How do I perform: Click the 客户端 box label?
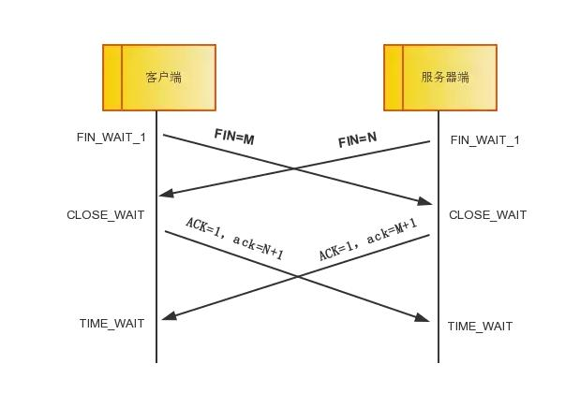pyautogui.click(x=164, y=78)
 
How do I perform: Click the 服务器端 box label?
pyautogui.click(x=445, y=78)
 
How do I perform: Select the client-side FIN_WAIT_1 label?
pyautogui.click(x=112, y=138)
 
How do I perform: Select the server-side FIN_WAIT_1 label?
pyautogui.click(x=484, y=140)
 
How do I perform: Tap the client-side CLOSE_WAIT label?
pyautogui.click(x=106, y=215)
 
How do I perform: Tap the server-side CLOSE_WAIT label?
pyautogui.click(x=487, y=215)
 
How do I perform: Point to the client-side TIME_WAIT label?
pyautogui.click(x=112, y=324)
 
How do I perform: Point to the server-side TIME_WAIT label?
pyautogui.click(x=480, y=327)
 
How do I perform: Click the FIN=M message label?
pyautogui.click(x=234, y=137)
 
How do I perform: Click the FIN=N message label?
pyautogui.click(x=357, y=139)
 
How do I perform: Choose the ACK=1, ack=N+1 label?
pyautogui.click(x=234, y=238)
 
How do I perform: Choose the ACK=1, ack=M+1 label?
pyautogui.click(x=367, y=240)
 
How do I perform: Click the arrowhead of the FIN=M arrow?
pyautogui.click(x=427, y=202)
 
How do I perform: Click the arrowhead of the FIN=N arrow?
pyautogui.click(x=165, y=194)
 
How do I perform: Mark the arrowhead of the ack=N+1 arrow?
pyautogui.click(x=424, y=320)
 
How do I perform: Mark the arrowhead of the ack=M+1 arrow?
pyautogui.click(x=168, y=317)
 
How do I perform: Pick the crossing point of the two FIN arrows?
pyautogui.click(x=294, y=168)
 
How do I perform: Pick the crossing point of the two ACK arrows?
pyautogui.click(x=297, y=276)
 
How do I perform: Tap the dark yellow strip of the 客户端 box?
pyautogui.click(x=112, y=78)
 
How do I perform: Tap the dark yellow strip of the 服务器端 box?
pyautogui.click(x=394, y=78)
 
